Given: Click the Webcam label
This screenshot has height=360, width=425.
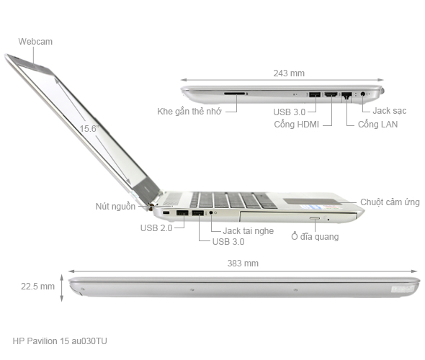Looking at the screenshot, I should click(x=35, y=42).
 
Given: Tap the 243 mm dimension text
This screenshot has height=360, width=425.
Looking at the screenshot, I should click(x=288, y=73).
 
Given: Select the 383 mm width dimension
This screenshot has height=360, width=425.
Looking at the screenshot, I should click(x=243, y=264).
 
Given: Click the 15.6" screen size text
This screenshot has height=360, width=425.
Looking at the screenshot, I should click(x=89, y=129).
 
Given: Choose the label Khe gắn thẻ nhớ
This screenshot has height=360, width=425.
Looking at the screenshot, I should click(x=188, y=112).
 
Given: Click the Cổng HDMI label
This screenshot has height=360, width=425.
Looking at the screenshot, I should click(x=297, y=125).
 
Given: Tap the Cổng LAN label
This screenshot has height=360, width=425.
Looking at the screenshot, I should click(x=377, y=125).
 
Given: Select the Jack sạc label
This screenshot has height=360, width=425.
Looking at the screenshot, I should click(x=391, y=111).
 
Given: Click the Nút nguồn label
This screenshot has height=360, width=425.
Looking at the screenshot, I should click(x=115, y=206).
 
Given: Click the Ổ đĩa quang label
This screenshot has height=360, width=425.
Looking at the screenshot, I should click(x=315, y=236).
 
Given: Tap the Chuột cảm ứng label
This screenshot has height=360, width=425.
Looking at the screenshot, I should click(x=390, y=202).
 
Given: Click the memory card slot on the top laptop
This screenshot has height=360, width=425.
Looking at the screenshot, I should click(x=235, y=94).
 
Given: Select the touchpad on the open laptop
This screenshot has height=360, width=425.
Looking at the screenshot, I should click(x=308, y=201).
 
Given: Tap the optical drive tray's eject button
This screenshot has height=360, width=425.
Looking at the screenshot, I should click(x=315, y=216).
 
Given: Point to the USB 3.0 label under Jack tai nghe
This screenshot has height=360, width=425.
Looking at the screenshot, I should click(x=228, y=242).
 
